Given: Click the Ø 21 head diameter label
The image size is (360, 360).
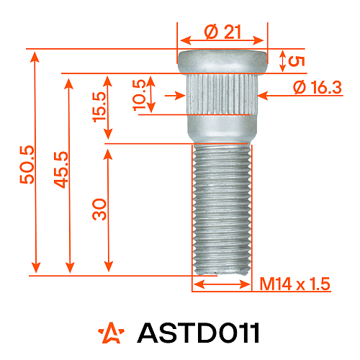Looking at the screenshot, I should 222,32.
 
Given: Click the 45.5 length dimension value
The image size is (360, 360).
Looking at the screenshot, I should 61,169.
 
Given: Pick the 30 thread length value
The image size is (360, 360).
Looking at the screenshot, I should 99,209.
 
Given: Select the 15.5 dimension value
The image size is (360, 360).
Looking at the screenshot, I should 99,108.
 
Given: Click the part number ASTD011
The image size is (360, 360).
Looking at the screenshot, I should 197,333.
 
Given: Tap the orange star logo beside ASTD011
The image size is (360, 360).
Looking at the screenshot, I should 112,333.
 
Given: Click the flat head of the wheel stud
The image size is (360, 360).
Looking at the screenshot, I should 222,62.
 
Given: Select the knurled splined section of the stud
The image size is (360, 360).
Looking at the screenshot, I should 222,94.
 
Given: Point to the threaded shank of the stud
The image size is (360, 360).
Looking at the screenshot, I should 222,209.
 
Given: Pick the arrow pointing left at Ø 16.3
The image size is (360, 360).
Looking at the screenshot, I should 274,93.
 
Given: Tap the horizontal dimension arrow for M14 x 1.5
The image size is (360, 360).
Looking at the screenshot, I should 222,284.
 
